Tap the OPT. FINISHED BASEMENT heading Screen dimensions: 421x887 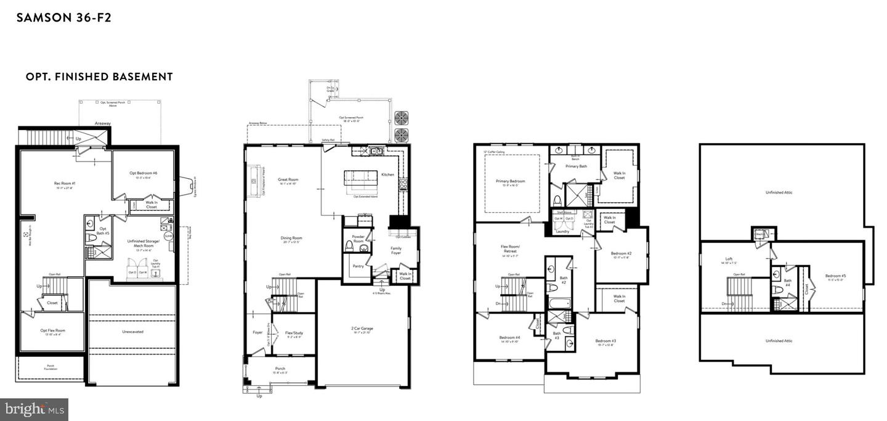tap(99, 77)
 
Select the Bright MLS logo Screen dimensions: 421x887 tap(34, 409)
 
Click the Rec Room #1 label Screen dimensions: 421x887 tap(65, 183)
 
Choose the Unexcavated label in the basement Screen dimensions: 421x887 tap(132, 332)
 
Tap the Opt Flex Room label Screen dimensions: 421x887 tap(52, 331)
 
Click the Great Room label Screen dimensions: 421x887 tap(288, 180)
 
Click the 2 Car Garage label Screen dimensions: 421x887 tap(362, 329)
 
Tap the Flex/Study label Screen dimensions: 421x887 tap(294, 333)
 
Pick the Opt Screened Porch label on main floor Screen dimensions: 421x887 tap(350, 117)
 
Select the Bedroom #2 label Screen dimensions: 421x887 tap(621, 253)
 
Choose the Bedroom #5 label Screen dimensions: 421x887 tap(835, 276)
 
